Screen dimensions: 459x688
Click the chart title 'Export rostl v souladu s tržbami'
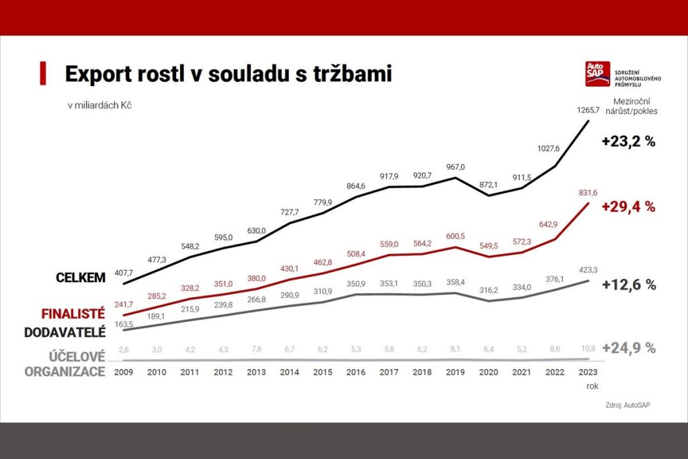point(228,74)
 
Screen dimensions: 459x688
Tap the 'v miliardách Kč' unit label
point(99,106)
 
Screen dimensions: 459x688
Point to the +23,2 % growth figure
point(628,142)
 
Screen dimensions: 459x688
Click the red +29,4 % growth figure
point(628,207)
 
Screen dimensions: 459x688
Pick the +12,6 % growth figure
point(628,284)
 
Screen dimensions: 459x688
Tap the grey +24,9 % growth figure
point(628,348)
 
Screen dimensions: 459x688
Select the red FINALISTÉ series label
point(73,313)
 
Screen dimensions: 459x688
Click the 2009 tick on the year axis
point(124,372)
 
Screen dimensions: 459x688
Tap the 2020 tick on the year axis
point(488,372)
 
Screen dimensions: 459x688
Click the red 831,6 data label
point(587,193)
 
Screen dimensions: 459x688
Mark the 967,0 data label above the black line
point(456,167)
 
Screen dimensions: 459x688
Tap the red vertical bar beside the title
point(43,73)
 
